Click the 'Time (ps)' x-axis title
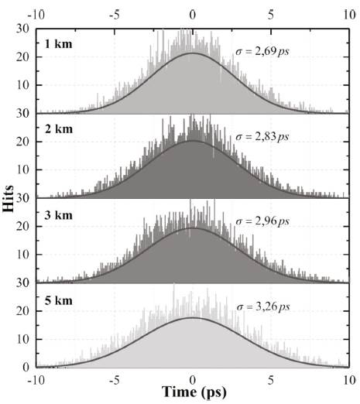192,393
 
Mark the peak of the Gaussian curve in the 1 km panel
192,53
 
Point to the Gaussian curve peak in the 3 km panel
192,228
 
